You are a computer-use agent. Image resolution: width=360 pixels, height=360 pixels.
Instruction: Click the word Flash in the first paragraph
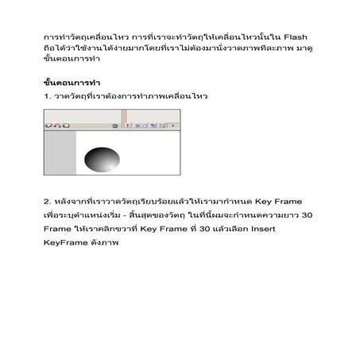[296, 37]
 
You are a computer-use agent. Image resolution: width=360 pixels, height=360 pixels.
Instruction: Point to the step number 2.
[46, 200]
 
